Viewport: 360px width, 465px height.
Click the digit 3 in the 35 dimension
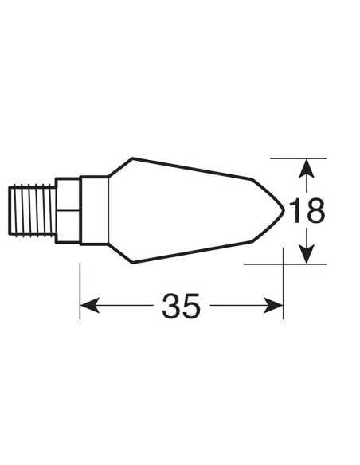click(171, 306)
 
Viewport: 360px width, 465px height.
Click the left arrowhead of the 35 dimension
click(88, 306)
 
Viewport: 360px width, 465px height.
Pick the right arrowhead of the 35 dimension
click(276, 306)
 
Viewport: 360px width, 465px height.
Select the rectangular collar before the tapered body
click(94, 210)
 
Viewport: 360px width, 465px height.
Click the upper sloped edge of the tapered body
click(191, 168)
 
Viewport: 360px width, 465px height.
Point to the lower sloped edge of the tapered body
click(191, 253)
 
